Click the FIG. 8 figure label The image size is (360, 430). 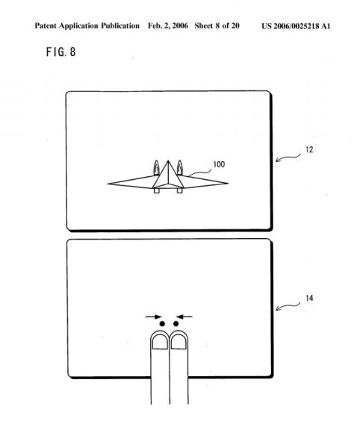pos(61,52)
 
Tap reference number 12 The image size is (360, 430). pos(309,150)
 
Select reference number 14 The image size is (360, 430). pos(309,298)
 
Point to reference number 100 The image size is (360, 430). pos(219,164)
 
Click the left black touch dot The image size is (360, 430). pos(162,324)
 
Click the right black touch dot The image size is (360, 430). pos(176,324)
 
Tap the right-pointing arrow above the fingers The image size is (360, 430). pos(153,317)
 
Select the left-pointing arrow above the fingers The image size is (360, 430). pos(184,317)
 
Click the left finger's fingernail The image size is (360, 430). pos(160,342)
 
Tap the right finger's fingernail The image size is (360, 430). pos(179,342)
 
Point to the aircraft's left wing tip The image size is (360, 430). pos(108,184)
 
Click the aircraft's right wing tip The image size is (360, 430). pos(228,183)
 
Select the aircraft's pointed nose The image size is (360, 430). pos(168,161)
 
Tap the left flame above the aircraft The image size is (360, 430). pos(156,167)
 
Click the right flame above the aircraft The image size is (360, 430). pos(180,167)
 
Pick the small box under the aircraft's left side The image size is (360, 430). pos(156,190)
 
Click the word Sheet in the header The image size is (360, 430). pos(204,26)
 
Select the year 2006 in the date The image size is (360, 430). pos(180,26)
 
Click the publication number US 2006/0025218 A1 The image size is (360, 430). pos(296,26)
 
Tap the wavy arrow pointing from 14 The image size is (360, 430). pos(288,306)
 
